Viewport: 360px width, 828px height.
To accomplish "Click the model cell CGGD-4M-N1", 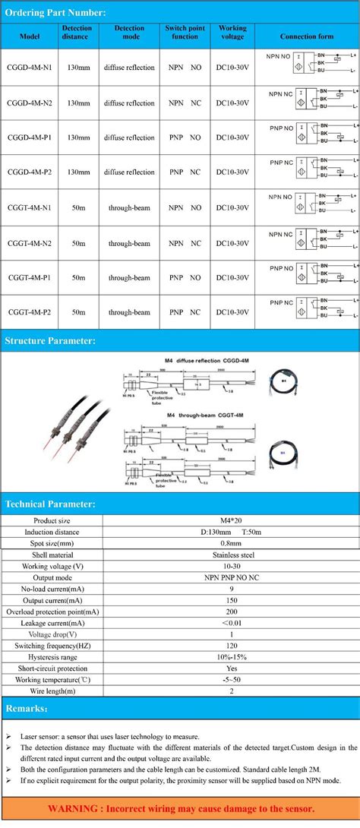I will pyautogui.click(x=30, y=68).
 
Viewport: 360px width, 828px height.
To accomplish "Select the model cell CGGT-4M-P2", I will pyautogui.click(x=30, y=312).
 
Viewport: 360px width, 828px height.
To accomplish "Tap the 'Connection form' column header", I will pyautogui.click(x=306, y=36).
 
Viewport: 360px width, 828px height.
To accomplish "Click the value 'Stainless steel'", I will pyautogui.click(x=231, y=555).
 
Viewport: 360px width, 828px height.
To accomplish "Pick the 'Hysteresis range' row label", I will pyautogui.click(x=53, y=657).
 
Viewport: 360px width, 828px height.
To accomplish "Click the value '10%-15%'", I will pyautogui.click(x=231, y=657).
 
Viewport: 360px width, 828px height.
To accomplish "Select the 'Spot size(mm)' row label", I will pyautogui.click(x=53, y=543).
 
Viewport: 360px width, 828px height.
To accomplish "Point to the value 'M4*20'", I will pyautogui.click(x=231, y=520).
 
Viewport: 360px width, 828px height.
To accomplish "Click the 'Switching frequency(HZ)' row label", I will pyautogui.click(x=53, y=646).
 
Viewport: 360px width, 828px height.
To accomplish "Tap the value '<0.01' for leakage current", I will pyautogui.click(x=231, y=623).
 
